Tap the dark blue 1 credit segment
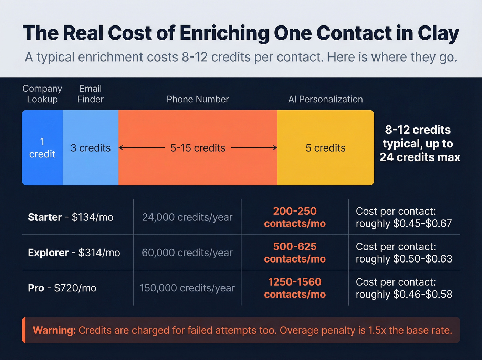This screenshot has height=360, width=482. coord(42,148)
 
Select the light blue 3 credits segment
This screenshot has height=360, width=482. coord(91,148)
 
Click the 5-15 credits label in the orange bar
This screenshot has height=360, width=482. coord(198,148)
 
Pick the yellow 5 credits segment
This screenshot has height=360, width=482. coord(325,148)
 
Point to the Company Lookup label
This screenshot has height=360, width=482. coord(42,94)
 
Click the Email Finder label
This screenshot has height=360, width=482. coord(90,94)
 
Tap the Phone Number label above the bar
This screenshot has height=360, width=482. coord(198,99)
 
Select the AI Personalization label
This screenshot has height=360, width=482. coord(325,99)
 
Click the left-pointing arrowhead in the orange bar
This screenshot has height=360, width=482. coord(121,148)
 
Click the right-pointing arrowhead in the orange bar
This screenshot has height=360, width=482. coord(275,148)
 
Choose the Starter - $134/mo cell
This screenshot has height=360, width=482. coord(71,217)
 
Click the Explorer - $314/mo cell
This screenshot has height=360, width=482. coord(74,253)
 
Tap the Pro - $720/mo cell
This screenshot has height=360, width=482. coord(62,288)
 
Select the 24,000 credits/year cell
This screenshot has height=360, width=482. coord(187,217)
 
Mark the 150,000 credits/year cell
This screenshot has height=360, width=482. coord(187,288)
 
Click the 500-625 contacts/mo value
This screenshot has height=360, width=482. coord(295,253)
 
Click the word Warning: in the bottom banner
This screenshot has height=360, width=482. coord(54,330)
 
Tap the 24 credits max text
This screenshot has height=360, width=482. coord(420,157)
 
